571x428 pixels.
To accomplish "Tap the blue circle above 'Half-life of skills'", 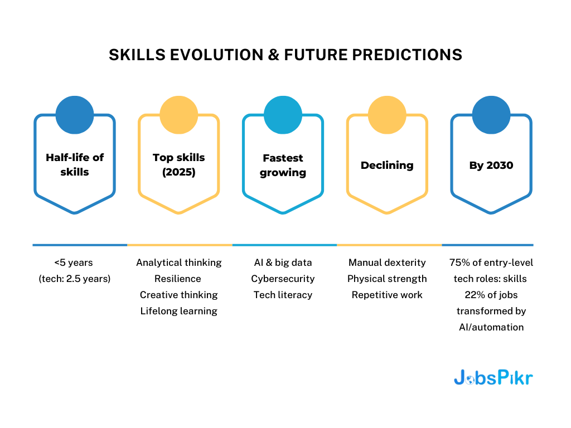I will (75, 115).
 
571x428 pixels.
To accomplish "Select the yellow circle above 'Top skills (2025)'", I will (179, 115).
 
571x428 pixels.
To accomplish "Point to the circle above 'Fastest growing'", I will (283, 115).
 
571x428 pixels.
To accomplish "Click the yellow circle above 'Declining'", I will (387, 115).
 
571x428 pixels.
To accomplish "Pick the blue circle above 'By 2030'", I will (491, 115).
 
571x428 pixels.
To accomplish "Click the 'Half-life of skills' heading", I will (75, 164).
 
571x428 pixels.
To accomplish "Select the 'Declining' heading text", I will (387, 165).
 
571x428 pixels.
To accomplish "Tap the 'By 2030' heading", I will (491, 165).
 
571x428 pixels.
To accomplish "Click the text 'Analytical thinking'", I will (179, 262).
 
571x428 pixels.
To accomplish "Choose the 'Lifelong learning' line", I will (179, 311).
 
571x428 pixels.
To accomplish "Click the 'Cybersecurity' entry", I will (283, 279).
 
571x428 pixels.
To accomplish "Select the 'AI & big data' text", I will (283, 262).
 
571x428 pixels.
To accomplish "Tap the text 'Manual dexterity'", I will (387, 262).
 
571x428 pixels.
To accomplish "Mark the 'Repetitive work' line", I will (387, 295).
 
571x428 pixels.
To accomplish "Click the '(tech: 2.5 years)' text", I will (75, 279).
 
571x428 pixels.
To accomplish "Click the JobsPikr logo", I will (493, 378).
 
